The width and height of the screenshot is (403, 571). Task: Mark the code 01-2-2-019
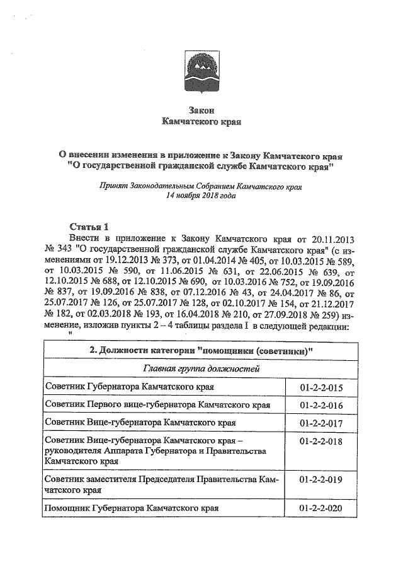pos(321,480)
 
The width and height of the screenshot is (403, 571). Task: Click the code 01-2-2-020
pos(321,507)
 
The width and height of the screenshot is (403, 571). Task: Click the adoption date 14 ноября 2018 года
pos(201,197)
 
